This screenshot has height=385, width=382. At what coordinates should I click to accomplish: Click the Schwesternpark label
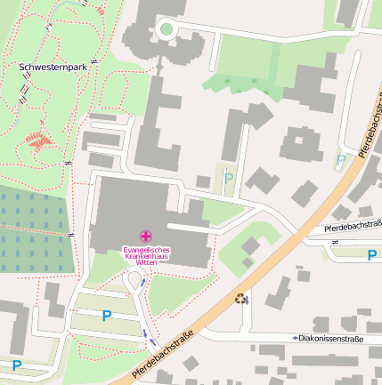click(x=53, y=67)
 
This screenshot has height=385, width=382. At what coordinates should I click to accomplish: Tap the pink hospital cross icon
click(x=146, y=235)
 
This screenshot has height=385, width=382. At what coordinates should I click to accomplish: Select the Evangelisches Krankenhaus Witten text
click(x=146, y=256)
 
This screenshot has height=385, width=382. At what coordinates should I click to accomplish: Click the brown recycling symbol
click(x=240, y=299)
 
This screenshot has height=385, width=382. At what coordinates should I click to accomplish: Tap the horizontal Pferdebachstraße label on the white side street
click(x=353, y=228)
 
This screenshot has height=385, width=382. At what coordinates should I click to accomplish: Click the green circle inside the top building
click(x=165, y=30)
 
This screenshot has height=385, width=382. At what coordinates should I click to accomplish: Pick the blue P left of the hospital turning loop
click(x=107, y=316)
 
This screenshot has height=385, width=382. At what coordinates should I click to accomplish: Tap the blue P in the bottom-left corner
click(x=16, y=365)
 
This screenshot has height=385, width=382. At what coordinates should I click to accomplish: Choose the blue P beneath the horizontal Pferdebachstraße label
click(x=371, y=255)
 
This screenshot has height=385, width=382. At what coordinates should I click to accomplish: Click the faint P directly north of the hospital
click(x=228, y=179)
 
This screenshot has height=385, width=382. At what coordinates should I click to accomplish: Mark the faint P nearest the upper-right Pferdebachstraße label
click(x=340, y=161)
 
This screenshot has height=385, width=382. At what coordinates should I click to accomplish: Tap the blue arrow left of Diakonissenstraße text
click(x=295, y=338)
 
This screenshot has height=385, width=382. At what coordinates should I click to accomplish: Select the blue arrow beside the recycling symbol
click(x=248, y=301)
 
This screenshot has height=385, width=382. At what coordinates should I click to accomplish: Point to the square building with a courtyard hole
click(x=301, y=145)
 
